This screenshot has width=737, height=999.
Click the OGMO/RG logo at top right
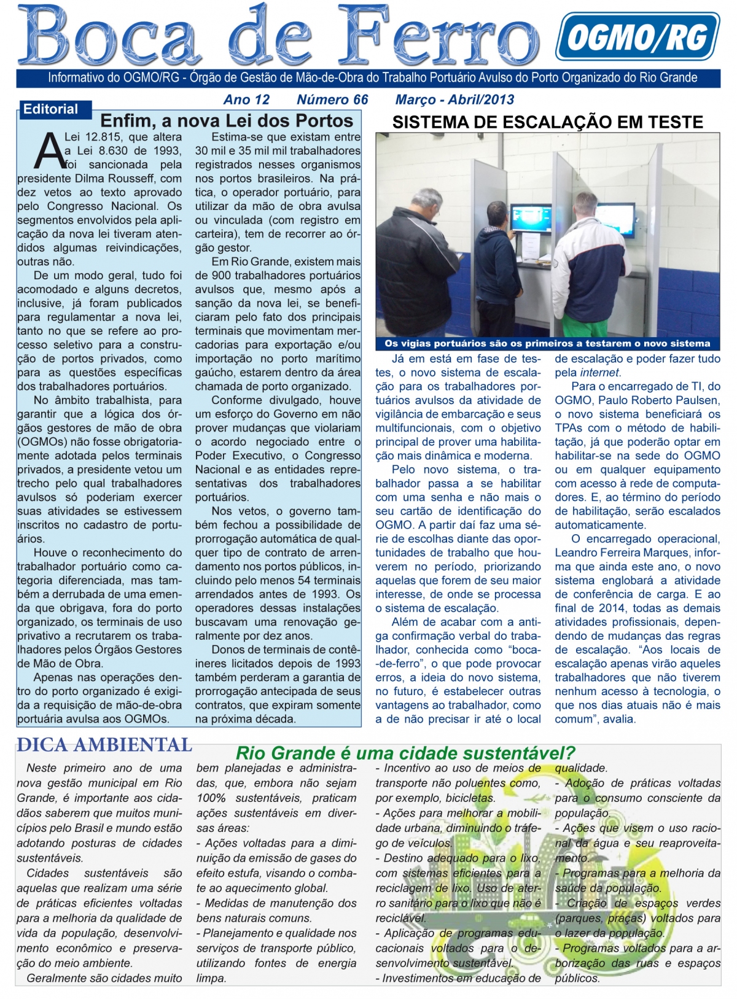coord(637,36)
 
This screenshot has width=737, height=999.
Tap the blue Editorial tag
coord(50,109)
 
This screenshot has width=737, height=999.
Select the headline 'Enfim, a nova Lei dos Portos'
coord(227,120)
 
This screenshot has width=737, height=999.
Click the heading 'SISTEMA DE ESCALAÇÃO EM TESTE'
coord(547,122)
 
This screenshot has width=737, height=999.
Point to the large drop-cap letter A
coord(49,150)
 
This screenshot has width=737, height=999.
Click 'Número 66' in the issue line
coord(332,99)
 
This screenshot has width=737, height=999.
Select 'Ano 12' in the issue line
coord(246,99)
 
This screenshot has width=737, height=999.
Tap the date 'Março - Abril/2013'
coord(454,99)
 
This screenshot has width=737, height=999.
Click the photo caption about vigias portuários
coord(547,343)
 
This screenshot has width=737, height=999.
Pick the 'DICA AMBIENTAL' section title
coord(104,745)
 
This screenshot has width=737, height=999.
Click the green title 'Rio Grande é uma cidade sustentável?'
coord(405,753)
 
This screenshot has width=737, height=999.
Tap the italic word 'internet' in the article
coord(599,373)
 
